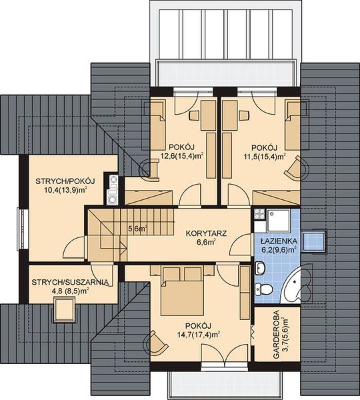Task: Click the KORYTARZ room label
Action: pos(206,233)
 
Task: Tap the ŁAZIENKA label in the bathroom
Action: pos(278,241)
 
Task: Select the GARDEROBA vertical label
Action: pos(275,335)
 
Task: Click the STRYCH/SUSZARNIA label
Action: pos(70,283)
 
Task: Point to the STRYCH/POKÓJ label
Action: pos(65,181)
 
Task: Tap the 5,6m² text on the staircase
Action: pos(138,229)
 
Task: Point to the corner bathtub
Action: pos(299,285)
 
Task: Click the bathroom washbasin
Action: pos(260,269)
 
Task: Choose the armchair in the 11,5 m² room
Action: pos(297,168)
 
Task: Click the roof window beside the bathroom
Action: pos(314,241)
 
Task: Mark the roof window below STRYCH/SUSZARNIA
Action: pos(64,311)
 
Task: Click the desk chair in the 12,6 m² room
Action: pos(195,115)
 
